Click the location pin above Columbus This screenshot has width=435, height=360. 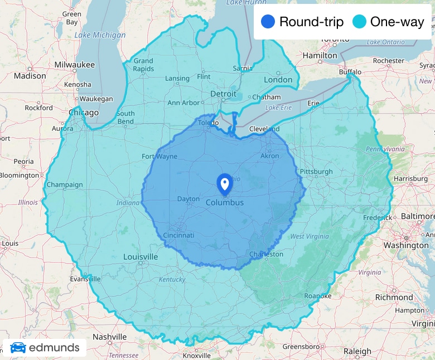(225, 183)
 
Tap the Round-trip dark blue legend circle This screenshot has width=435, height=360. (268, 22)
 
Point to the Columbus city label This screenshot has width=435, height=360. (225, 203)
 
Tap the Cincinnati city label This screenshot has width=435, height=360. (178, 236)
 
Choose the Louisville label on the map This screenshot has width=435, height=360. (141, 257)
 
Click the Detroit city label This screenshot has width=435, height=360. (224, 94)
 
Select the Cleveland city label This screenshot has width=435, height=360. (264, 129)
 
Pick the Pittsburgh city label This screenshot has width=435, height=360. (316, 172)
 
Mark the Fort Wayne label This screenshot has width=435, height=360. (159, 157)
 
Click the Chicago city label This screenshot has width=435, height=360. (84, 113)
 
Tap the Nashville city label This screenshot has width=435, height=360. (110, 337)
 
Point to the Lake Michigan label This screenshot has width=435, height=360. (100, 35)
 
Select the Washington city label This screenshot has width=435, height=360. (406, 246)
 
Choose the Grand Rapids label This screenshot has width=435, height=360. (143, 65)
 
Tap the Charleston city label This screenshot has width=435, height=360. (266, 254)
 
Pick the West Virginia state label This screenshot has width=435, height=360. (308, 237)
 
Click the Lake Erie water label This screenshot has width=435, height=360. (279, 108)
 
